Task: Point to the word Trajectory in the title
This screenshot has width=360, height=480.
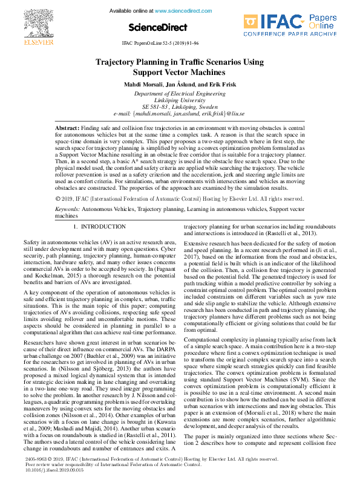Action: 120,62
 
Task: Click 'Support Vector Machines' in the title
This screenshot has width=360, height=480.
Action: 180,73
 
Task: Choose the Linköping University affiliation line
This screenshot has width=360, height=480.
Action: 179,100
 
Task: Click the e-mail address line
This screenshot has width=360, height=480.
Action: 180,114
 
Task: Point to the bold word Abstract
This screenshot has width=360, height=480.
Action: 67,129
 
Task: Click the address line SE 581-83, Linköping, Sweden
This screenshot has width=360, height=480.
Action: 179,107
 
